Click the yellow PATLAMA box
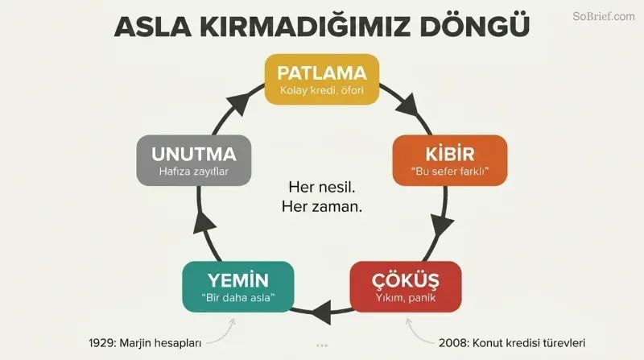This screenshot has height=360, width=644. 321,79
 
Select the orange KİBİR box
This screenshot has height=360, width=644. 450,160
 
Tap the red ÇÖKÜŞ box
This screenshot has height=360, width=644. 406,287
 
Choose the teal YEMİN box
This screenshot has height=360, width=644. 238,287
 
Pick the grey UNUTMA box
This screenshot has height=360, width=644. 194,160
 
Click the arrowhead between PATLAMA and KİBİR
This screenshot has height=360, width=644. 408,106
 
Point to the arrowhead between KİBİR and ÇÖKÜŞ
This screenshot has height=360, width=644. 442,226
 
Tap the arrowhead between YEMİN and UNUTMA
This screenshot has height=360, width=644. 204,225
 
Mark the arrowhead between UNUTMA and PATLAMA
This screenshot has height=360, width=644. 238,104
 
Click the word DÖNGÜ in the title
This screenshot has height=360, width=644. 474,26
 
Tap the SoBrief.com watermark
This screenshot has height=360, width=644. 603,16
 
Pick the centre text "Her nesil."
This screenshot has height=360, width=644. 321,188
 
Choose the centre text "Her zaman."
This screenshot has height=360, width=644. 321,206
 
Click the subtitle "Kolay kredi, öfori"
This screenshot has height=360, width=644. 321,90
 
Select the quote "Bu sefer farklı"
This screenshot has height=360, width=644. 450,171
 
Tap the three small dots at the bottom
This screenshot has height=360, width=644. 322,346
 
